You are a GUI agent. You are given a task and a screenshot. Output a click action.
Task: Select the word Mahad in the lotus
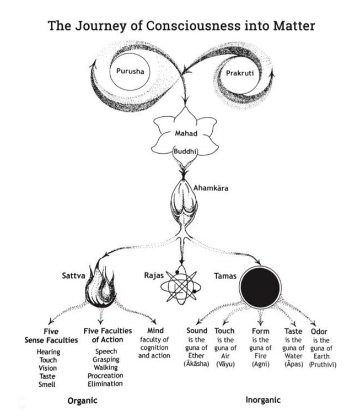(x=181, y=133)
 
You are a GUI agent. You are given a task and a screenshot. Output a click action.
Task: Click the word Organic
(x=82, y=400)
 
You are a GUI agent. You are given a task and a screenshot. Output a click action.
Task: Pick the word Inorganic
(x=264, y=399)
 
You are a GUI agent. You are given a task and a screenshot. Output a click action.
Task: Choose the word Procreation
(x=105, y=375)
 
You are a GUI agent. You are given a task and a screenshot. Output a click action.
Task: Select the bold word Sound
(x=197, y=331)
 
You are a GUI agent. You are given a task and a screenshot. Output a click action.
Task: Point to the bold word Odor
(x=319, y=331)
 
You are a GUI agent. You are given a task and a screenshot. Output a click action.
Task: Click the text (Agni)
(x=260, y=364)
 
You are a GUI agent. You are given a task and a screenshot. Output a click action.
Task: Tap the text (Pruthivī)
(x=323, y=364)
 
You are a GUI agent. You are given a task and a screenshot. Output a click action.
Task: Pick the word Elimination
(x=105, y=383)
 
